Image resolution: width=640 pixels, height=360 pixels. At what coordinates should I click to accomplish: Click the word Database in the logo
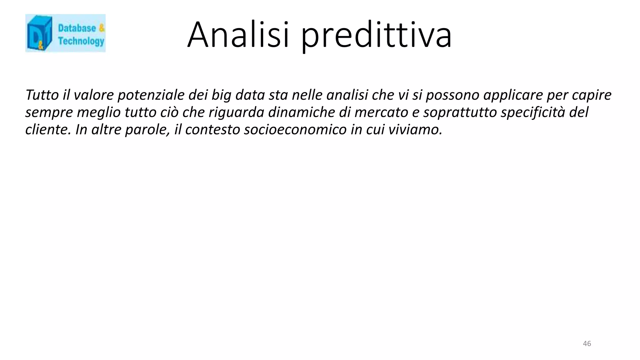[x=77, y=28]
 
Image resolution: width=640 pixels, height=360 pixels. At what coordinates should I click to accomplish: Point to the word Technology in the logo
[x=81, y=41]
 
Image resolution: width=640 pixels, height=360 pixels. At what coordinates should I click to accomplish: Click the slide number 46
[x=587, y=344]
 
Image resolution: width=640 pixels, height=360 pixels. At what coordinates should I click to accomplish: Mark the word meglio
[x=98, y=112]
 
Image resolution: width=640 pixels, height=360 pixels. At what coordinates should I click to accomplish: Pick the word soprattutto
[x=460, y=112]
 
